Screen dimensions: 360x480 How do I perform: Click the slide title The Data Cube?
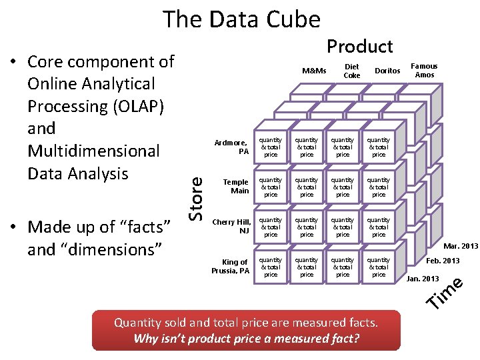[x=242, y=19]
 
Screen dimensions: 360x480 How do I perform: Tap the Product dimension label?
[x=359, y=46]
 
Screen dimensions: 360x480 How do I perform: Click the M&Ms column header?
[x=313, y=71]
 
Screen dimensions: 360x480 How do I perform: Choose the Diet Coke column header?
[x=351, y=71]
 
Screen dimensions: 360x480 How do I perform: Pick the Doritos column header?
[x=387, y=71]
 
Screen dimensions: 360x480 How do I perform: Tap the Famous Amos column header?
[x=424, y=70]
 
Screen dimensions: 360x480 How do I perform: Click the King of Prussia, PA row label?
[x=231, y=266]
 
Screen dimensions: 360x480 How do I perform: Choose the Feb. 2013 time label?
[x=443, y=260]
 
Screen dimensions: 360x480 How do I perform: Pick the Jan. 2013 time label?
[x=423, y=278]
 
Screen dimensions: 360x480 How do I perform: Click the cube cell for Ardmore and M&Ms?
[x=271, y=147]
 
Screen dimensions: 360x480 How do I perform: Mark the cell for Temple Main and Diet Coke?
[x=307, y=187]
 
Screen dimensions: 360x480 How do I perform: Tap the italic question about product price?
[x=246, y=338]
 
